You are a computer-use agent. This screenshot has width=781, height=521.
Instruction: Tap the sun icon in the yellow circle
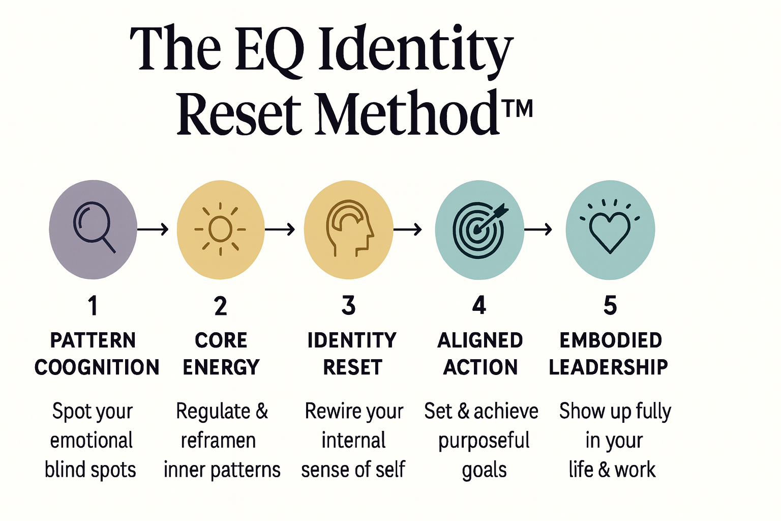pos(220,229)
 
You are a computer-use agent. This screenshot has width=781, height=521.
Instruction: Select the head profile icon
pos(349,228)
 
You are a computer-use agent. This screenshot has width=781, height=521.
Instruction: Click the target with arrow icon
pos(478,230)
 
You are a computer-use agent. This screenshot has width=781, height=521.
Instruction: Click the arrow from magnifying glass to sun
pos(153,229)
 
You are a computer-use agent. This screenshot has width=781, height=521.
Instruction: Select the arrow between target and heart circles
pos(538,229)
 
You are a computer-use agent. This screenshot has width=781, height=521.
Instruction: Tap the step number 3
pos(348,305)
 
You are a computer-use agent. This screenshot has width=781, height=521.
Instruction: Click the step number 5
pos(610,305)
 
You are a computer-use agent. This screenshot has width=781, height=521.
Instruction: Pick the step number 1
pos(93,305)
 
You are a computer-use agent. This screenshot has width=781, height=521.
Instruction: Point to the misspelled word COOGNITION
pos(97,367)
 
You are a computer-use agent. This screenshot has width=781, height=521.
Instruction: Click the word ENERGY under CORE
pos(221,367)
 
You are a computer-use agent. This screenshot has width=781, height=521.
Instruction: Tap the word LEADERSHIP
pos(609,367)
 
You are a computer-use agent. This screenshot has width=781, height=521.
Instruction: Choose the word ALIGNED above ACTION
pos(480,340)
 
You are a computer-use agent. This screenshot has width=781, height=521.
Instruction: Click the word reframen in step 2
pos(218,441)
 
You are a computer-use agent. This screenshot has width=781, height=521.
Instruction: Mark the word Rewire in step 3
pos(328,411)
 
